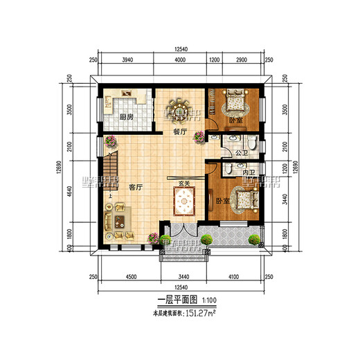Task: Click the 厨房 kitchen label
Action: click(x=127, y=117)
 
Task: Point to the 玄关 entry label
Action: click(x=183, y=183)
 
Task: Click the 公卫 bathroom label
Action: click(x=241, y=152)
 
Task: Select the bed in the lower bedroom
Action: click(x=243, y=203)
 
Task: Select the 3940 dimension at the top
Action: click(x=127, y=60)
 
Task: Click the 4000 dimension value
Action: click(x=180, y=60)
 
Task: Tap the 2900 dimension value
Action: click(x=242, y=60)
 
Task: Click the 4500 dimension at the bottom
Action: click(x=131, y=276)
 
